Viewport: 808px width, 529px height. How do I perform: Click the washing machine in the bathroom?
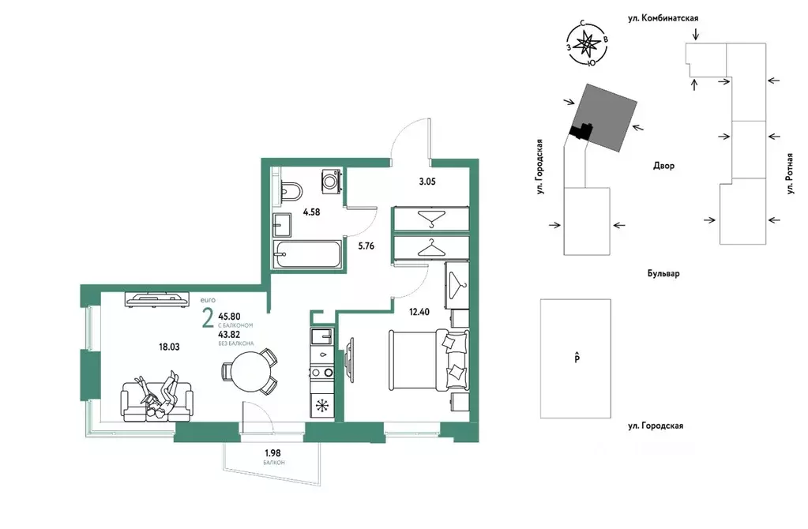pos(332,182)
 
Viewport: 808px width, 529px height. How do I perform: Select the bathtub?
pos(307,254)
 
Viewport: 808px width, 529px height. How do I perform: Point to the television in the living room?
pos(156,299)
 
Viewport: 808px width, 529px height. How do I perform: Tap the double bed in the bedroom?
pos(429,360)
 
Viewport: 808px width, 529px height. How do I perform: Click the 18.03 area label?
pos(169,347)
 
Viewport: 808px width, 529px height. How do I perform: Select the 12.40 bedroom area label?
pos(419,312)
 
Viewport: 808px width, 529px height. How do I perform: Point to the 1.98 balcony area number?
pos(272,452)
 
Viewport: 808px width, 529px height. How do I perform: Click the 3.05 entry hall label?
pos(427,182)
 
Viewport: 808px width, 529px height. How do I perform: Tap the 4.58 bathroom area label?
pos(311,212)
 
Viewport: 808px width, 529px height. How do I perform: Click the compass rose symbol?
pos(586,45)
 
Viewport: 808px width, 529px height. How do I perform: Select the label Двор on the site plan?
pos(663,166)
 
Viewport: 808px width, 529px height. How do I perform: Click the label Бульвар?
pos(663,273)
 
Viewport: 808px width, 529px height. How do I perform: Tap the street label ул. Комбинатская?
pos(663,18)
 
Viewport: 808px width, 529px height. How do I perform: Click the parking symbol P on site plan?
pos(577,358)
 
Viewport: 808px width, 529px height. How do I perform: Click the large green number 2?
pos(207,318)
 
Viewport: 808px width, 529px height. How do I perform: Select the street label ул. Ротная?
pos(790,174)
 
